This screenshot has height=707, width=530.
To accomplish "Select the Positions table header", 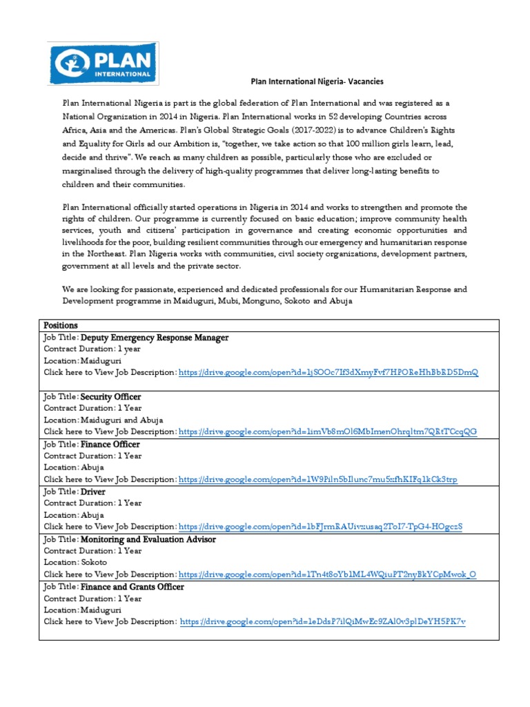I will click(61, 325).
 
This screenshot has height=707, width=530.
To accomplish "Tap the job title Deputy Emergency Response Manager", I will click(155, 338).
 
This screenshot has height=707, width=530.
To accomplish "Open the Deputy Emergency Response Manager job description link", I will click(328, 373).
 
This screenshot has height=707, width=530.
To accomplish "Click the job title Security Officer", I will click(111, 397).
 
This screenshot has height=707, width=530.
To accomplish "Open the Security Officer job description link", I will click(327, 432).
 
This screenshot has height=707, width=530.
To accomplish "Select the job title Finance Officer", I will click(110, 444).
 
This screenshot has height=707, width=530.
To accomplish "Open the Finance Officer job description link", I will click(317, 479).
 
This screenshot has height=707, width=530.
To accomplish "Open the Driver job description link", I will click(320, 527).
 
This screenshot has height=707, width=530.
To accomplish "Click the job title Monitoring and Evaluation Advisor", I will click(148, 539).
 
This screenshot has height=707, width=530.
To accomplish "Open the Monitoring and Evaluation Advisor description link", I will click(327, 574).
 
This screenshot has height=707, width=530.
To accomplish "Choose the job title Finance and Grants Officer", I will click(132, 587).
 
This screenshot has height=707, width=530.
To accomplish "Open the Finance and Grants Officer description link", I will click(323, 621).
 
